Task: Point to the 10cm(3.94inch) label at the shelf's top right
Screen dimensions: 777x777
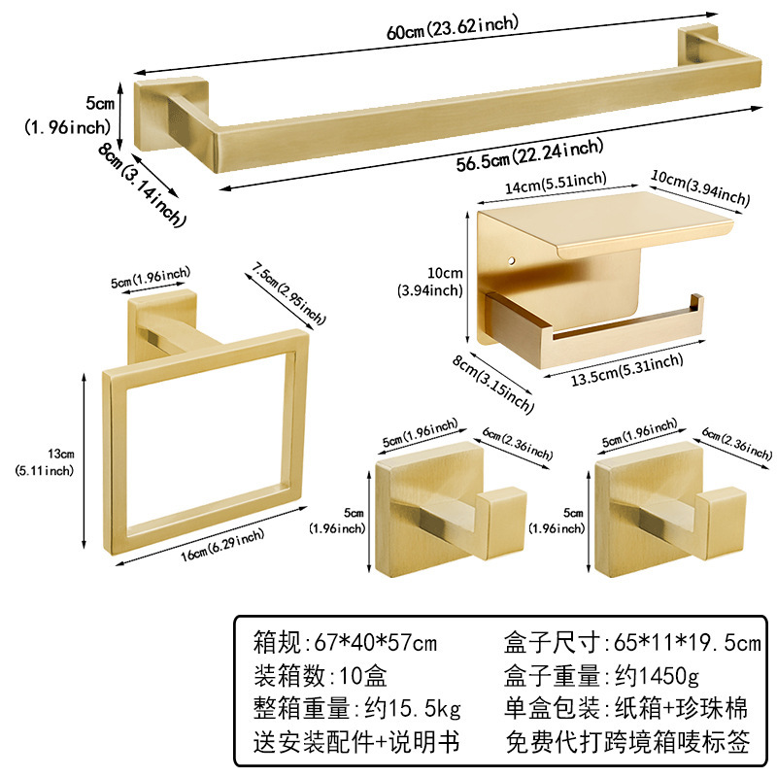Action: coord(701,188)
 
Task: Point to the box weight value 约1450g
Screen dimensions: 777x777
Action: coord(650,675)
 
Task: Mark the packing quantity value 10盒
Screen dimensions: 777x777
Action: coord(359,675)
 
